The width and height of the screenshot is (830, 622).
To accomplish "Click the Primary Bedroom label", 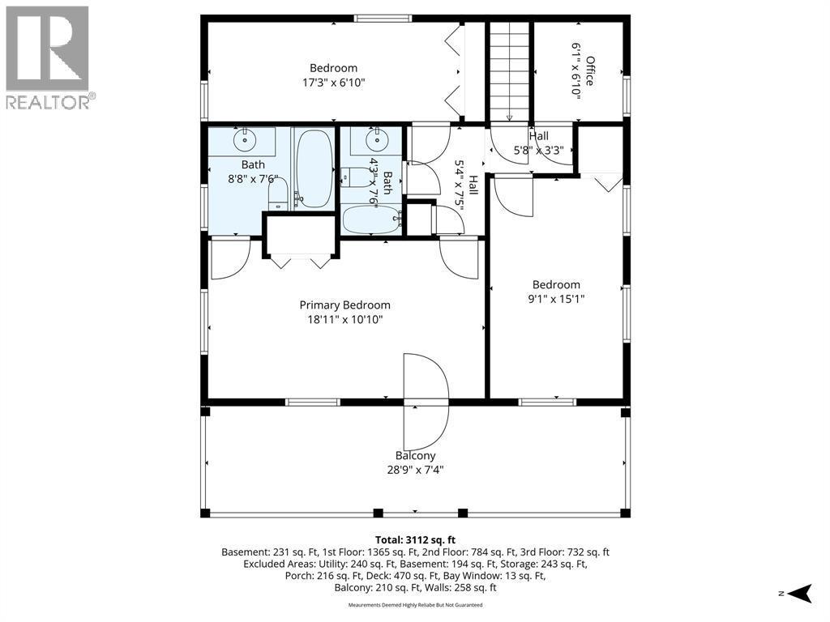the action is (345, 305).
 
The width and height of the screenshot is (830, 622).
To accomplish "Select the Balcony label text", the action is (416, 456).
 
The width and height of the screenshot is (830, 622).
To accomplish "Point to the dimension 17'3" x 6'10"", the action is (334, 83).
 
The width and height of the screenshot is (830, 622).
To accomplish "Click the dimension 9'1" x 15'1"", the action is (556, 299).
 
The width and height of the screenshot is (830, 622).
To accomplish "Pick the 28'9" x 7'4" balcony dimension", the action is (416, 470).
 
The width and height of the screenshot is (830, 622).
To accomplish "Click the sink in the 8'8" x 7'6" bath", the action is (245, 140).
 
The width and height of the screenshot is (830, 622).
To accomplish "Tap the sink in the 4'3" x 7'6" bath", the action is (376, 140).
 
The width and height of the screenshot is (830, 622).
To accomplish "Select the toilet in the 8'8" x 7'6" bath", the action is (278, 194).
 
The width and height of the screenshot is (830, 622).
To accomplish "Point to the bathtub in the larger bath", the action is (314, 168).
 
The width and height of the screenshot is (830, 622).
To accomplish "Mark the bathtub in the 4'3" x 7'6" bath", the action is (373, 219).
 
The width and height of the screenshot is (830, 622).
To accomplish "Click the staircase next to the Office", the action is (509, 71).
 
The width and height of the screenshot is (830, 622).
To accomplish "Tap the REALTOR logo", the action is (48, 58).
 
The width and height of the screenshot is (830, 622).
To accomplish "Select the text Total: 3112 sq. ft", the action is (415, 540).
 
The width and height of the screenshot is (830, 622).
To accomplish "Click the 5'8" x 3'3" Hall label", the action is (538, 143).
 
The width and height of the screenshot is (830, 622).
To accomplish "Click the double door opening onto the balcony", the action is (426, 402).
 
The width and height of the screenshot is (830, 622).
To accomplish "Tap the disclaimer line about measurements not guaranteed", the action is (415, 604).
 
